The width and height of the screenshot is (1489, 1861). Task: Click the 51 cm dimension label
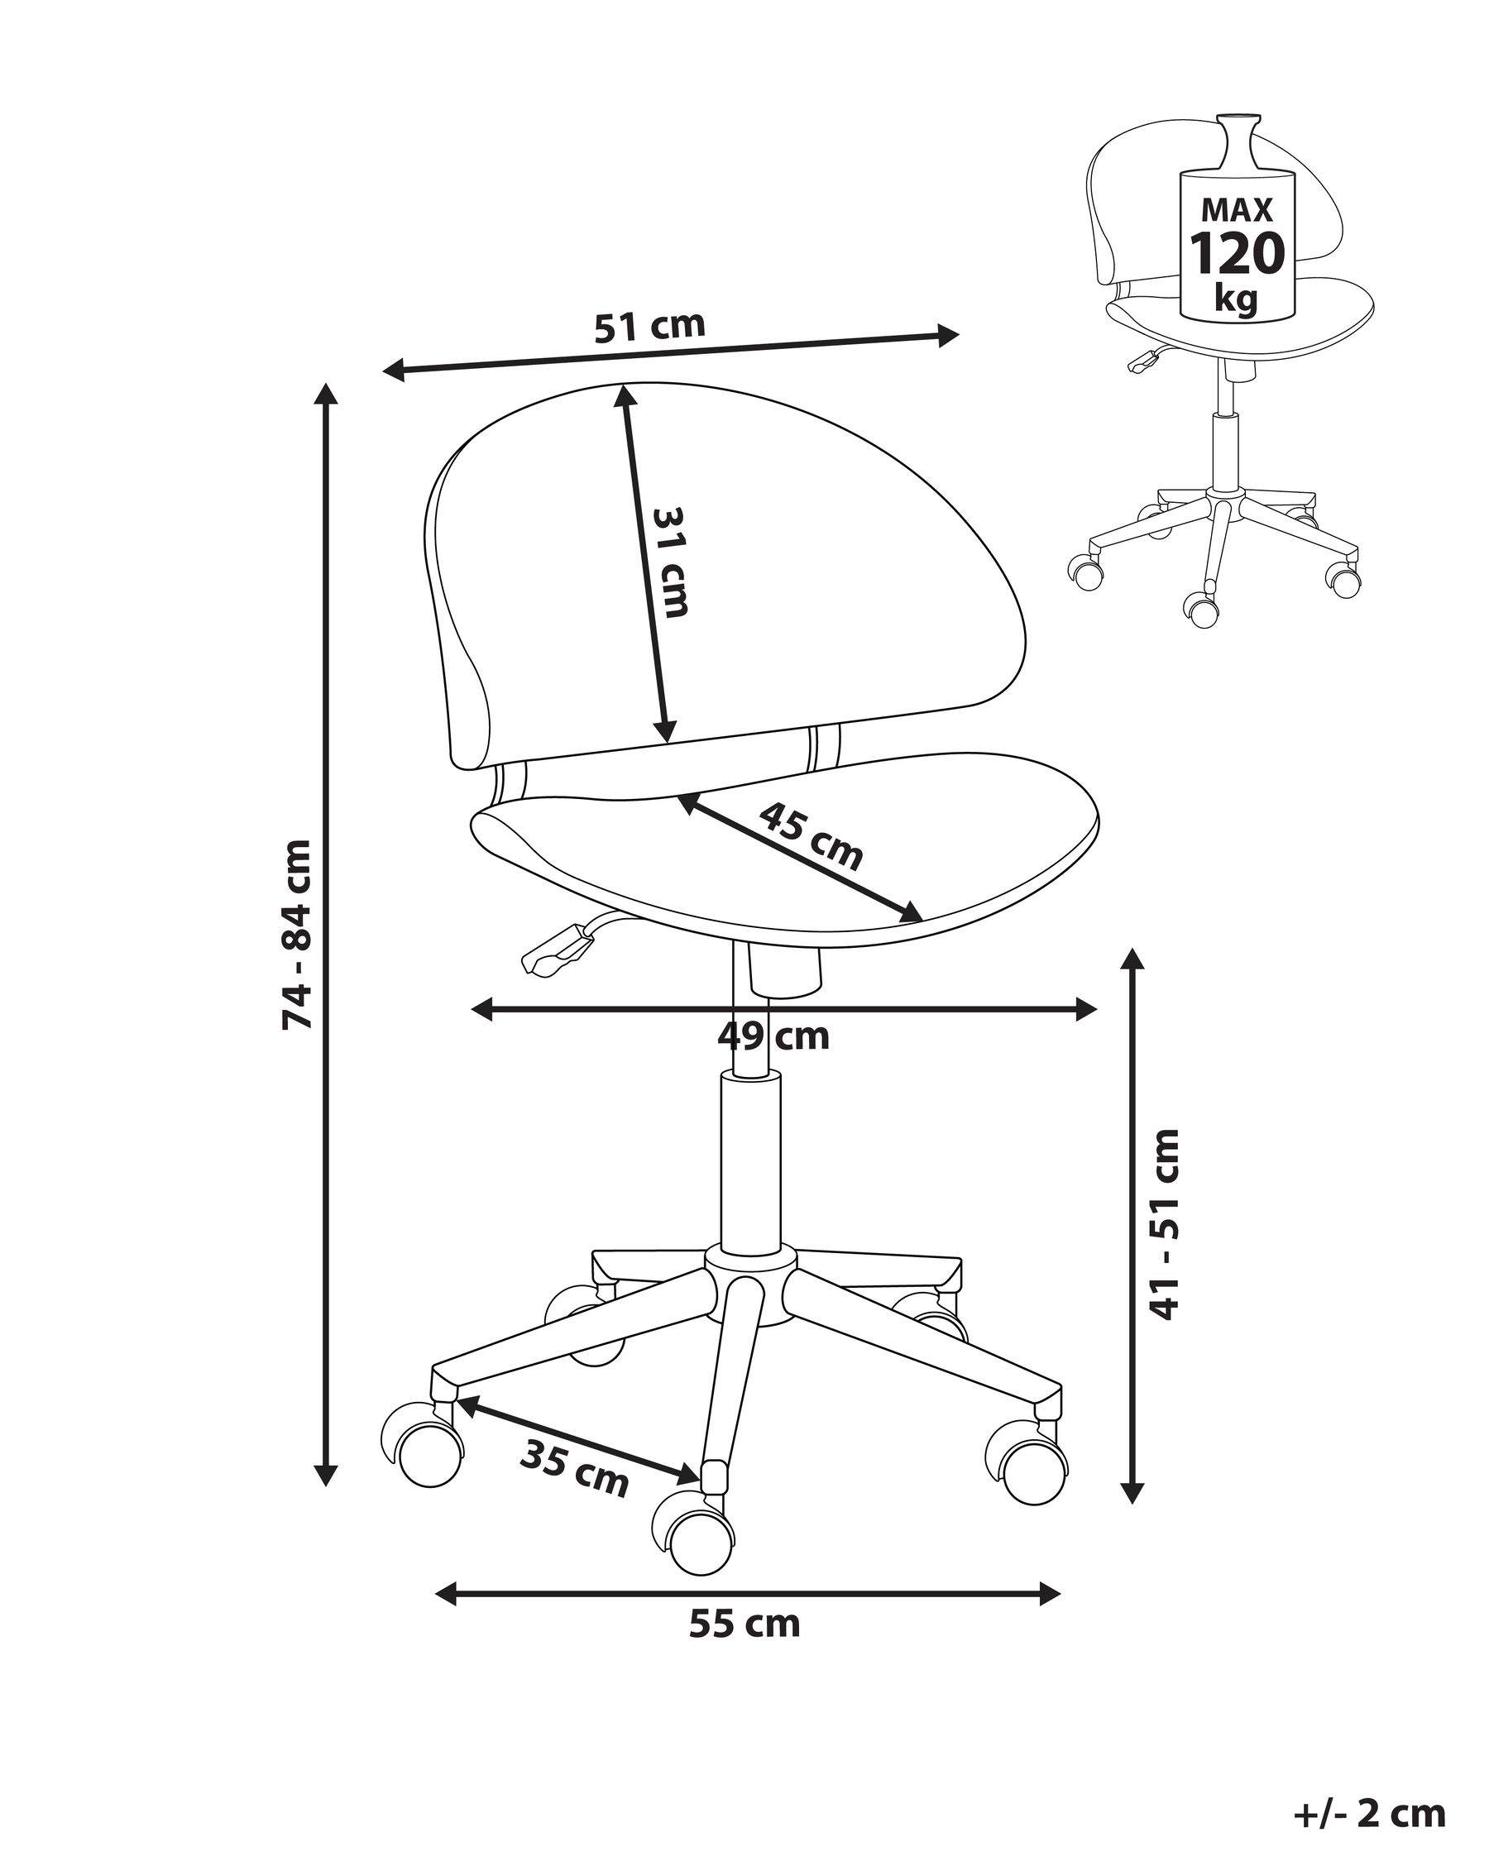[649, 326]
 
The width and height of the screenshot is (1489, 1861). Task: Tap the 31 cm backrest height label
[671, 562]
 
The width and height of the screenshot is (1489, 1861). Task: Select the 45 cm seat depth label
[812, 836]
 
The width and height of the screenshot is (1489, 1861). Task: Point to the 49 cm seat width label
[773, 1035]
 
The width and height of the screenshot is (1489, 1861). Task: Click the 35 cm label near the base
[575, 1468]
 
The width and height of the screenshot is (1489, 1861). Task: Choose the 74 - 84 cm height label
[298, 934]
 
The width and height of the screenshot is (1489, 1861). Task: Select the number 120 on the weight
[1238, 253]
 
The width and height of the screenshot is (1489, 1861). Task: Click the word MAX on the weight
[1238, 210]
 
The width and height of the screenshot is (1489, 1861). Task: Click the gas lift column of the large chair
[750, 1165]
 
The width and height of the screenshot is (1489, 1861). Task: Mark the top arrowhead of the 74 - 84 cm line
[325, 395]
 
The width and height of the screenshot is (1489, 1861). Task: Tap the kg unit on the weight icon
[1236, 298]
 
